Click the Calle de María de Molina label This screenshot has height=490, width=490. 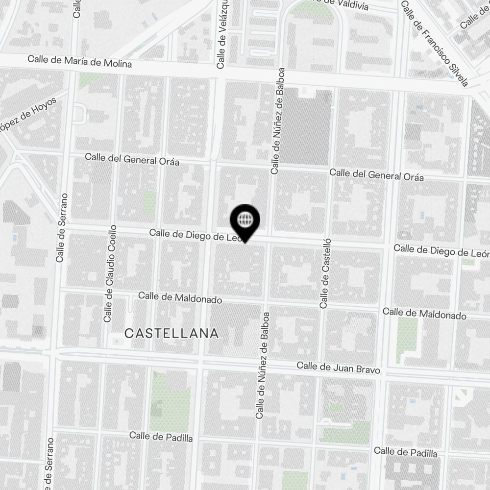(79, 61)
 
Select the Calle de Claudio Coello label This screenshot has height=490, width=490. (110, 273)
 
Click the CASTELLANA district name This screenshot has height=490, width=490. (171, 334)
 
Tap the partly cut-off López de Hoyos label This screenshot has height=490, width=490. (28, 116)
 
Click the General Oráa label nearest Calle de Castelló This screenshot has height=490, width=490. (376, 174)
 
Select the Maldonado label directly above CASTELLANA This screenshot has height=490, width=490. (180, 297)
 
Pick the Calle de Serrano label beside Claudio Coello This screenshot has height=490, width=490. (61, 227)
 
